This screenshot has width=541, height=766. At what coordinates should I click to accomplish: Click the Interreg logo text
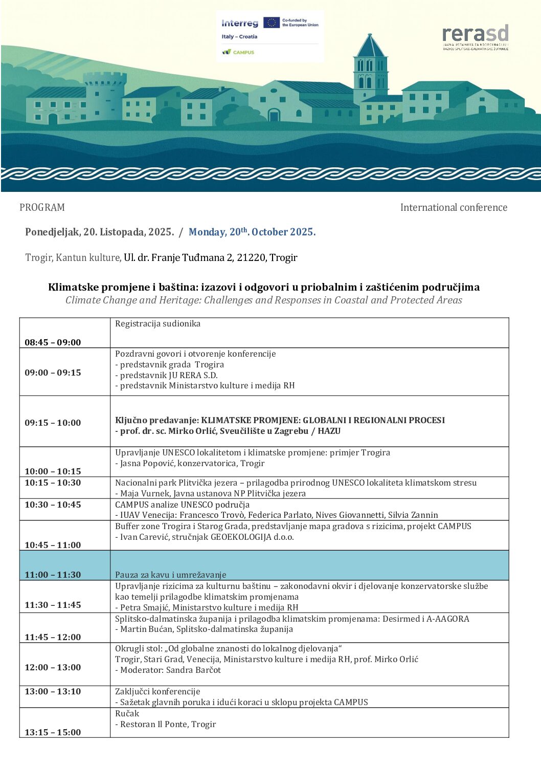(239, 24)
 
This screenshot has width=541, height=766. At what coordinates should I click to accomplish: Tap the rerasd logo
(475, 34)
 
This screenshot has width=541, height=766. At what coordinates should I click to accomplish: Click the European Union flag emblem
(271, 23)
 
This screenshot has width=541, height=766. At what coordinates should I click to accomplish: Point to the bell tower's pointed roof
(370, 46)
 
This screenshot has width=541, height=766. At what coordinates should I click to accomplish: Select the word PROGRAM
(42, 207)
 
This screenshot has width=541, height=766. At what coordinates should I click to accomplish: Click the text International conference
(454, 207)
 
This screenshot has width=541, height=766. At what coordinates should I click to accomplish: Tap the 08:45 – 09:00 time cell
(53, 342)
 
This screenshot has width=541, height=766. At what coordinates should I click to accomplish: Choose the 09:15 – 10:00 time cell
(53, 423)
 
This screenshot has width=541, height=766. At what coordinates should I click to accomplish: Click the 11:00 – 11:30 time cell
(53, 575)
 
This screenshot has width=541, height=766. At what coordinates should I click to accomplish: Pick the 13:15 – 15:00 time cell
(53, 732)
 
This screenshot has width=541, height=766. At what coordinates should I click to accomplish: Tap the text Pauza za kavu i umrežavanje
(170, 575)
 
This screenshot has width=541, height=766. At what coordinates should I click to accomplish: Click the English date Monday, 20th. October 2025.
(252, 232)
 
